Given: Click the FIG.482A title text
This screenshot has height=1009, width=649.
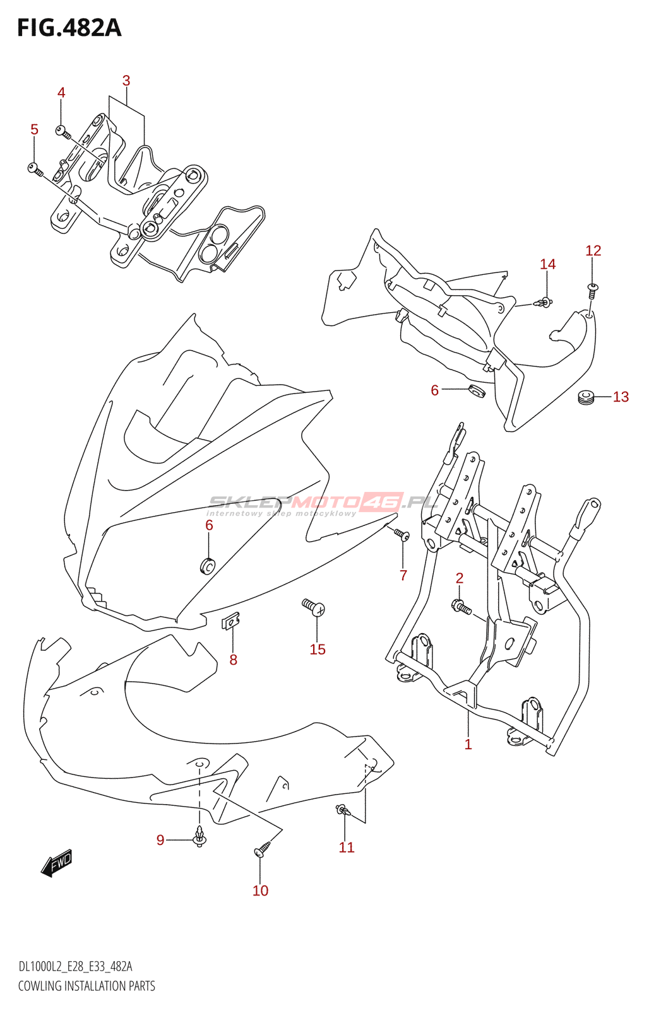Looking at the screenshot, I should (69, 28).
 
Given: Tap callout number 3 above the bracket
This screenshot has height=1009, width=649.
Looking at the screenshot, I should (126, 81).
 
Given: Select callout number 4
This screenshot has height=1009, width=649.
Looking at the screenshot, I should (61, 93).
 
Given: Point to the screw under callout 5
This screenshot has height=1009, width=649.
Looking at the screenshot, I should (35, 168).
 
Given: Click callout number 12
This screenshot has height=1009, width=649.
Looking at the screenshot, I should (593, 250).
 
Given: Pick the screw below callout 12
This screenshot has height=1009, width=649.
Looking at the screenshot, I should (592, 288).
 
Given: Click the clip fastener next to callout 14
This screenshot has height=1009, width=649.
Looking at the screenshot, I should (544, 303).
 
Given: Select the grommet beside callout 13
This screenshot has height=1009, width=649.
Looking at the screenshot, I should (586, 398).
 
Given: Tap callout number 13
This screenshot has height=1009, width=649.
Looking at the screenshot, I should (621, 397).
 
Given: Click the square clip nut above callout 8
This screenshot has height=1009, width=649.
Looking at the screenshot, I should (231, 622).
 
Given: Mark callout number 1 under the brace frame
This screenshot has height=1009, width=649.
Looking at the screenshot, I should (468, 744).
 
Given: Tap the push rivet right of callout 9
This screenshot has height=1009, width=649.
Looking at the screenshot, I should (200, 837).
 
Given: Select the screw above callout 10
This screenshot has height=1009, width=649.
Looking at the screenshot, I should (262, 849).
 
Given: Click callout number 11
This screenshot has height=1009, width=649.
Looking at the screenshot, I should (347, 847).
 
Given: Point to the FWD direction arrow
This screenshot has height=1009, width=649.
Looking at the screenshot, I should (57, 862).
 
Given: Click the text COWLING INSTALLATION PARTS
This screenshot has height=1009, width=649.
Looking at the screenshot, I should (86, 986).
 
